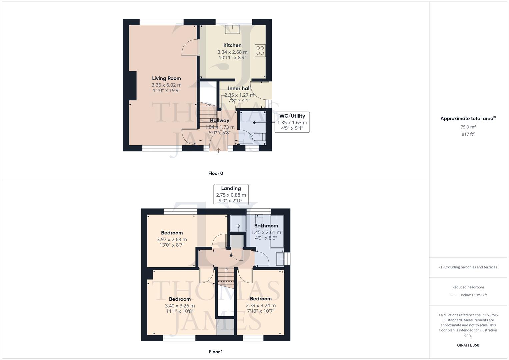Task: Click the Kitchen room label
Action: [x=232, y=45]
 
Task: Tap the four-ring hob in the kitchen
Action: [x=260, y=51]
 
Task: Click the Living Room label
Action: [x=166, y=78]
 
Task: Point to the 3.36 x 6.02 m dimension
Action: [x=166, y=85]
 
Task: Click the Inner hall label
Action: [x=239, y=88]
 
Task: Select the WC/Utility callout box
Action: [x=292, y=122]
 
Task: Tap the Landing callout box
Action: [x=231, y=194]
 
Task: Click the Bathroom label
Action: [x=266, y=226]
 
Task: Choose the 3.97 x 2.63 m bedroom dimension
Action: [x=172, y=239]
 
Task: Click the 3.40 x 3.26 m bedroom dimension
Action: [x=180, y=306]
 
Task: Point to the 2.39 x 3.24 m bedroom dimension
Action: [x=261, y=305]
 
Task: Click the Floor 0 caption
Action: [x=216, y=173]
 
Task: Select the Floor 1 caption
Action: [x=216, y=352]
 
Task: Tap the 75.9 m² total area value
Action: [x=468, y=127]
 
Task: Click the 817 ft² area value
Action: [x=468, y=134]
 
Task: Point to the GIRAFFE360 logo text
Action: [x=468, y=345]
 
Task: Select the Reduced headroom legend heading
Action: [x=468, y=287]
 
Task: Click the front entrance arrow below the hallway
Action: [x=218, y=150]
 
